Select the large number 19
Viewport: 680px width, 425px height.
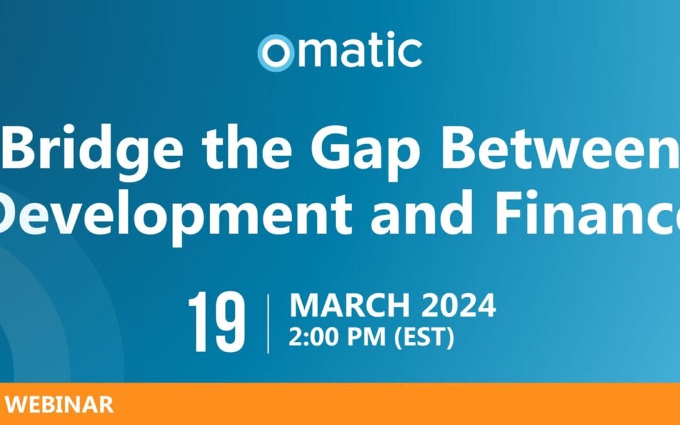coord(217,321)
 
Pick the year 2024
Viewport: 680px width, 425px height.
coord(459,305)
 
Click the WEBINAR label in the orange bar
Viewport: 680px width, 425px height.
coord(59,405)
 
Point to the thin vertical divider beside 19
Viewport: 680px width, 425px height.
coord(268,324)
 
